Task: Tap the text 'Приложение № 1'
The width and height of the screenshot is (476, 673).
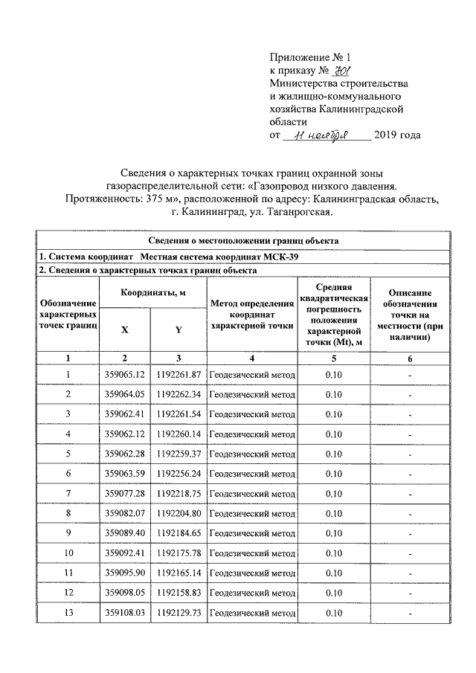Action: [309, 57]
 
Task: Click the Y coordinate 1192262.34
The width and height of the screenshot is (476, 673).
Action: [179, 394]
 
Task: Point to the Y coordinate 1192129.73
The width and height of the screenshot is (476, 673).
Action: [179, 614]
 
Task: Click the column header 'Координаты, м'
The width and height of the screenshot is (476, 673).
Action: [153, 293]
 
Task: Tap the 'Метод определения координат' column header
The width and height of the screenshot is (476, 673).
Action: [252, 314]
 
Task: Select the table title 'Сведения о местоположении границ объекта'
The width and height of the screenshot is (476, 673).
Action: [242, 241]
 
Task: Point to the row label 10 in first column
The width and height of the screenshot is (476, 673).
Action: [68, 553]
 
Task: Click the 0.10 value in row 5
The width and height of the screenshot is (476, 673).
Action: [334, 454]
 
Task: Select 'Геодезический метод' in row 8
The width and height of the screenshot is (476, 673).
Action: [252, 514]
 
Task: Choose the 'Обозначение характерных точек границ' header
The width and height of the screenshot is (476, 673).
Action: [68, 314]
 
